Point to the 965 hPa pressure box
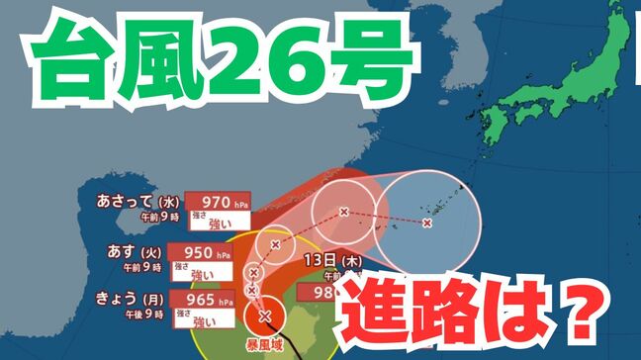pos(203,298)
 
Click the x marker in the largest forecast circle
pos(426,223)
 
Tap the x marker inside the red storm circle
pos(264,316)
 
